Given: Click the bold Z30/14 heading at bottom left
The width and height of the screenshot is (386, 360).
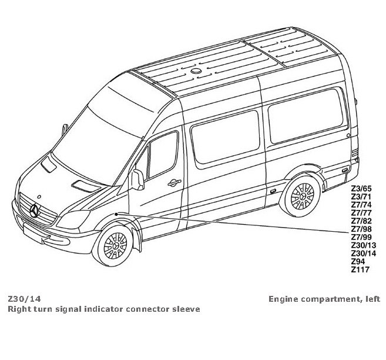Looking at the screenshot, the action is click(24, 299).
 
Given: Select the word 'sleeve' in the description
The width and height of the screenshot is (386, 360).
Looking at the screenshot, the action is click(185, 309).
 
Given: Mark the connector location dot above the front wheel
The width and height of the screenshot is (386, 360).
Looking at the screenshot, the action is click(118, 213).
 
